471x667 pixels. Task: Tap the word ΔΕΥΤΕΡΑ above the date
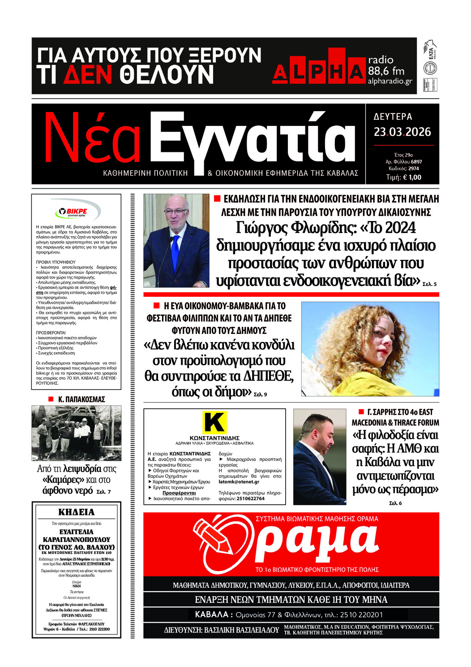coord(393,117)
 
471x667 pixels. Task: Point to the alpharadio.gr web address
coord(390,81)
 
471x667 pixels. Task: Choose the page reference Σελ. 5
coord(429,284)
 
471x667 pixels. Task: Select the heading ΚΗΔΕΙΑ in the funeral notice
coord(77,512)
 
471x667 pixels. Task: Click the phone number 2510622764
coord(250,498)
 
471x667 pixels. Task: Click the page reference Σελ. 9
coord(260,394)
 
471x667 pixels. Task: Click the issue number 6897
coord(416,162)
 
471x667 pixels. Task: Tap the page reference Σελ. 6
coord(395,503)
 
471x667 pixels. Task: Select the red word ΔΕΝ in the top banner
coord(87,75)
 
